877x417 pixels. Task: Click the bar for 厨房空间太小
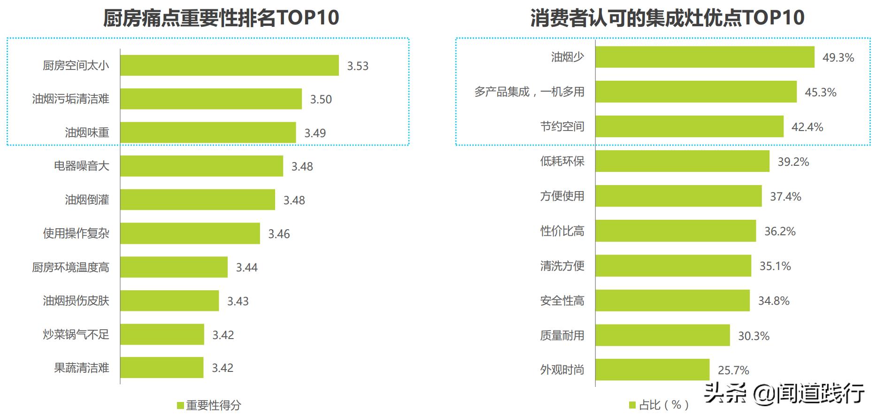[229, 65]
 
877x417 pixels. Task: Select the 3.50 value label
[321, 99]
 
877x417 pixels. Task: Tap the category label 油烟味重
[87, 132]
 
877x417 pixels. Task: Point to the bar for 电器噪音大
[201, 166]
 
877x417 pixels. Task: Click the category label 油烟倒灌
[87, 200]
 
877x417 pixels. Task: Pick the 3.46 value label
[279, 234]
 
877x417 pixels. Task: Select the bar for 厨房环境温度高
[174, 267]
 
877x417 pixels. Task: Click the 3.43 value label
[238, 301]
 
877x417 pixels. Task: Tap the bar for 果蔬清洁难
[162, 367]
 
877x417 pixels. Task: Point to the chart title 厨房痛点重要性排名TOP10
[221, 18]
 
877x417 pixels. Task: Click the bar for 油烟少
[705, 57]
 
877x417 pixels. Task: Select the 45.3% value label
[821, 93]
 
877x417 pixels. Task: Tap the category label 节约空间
[562, 126]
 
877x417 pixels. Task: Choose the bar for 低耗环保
[682, 161]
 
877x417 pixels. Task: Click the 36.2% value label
[780, 232]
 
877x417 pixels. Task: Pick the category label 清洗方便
[562, 266]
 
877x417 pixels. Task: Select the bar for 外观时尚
[652, 370]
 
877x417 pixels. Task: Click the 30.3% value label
[754, 336]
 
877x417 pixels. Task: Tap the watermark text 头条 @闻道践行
[784, 393]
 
